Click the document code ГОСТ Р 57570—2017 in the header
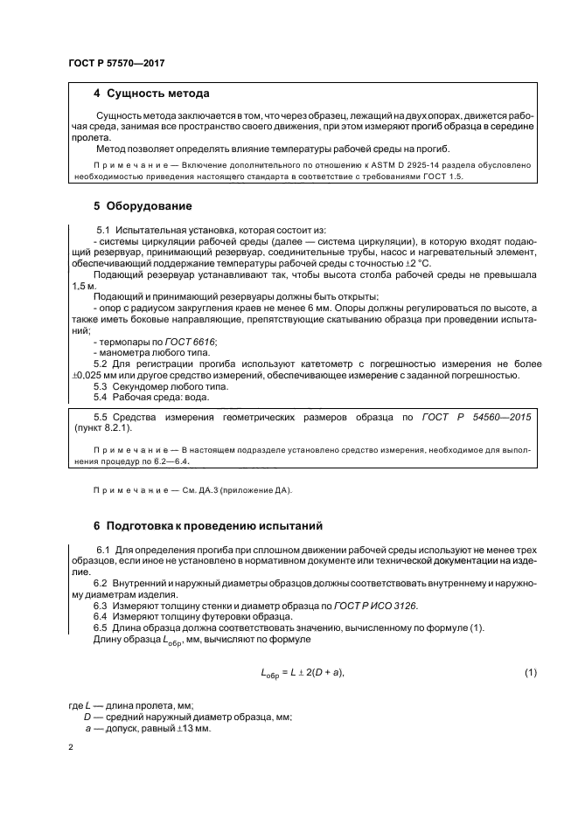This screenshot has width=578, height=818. pyautogui.click(x=116, y=64)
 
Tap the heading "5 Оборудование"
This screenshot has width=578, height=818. pyautogui.click(x=143, y=206)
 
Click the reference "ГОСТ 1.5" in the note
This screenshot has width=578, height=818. pyautogui.click(x=440, y=176)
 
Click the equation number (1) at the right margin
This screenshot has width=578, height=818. pyautogui.click(x=529, y=671)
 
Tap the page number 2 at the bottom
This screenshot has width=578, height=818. pyautogui.click(x=71, y=748)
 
